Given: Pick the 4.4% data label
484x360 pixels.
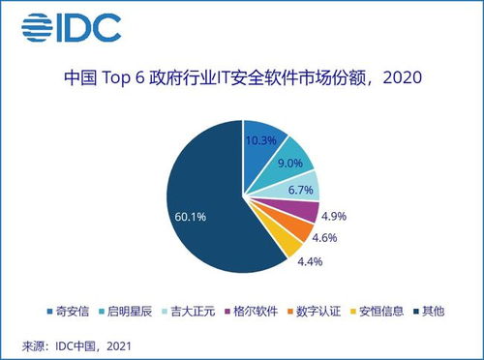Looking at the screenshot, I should tap(311, 261).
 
